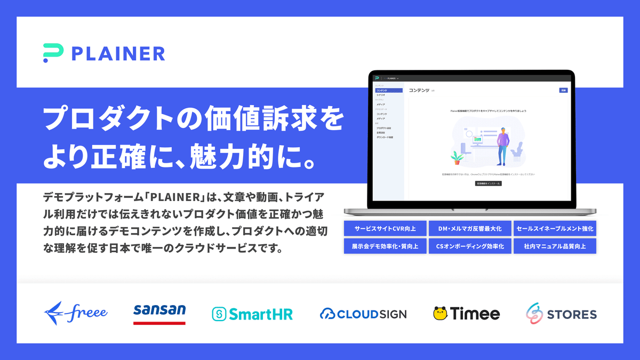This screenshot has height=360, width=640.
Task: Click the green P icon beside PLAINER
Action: click(x=53, y=53)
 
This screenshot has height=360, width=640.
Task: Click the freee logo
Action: click(x=76, y=312)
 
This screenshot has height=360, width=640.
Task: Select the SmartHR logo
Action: click(x=252, y=314)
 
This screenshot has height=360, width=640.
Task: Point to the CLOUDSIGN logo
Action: click(x=363, y=314)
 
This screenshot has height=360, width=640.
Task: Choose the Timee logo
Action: click(x=467, y=314)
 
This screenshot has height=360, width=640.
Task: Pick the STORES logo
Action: click(x=561, y=314)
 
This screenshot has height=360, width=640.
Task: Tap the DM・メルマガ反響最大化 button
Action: click(x=470, y=229)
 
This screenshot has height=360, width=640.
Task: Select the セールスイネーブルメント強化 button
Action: click(x=555, y=229)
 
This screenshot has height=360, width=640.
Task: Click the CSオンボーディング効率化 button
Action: click(x=470, y=246)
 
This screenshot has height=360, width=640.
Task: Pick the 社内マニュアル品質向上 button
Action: click(x=555, y=246)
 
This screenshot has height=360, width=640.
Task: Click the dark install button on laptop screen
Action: click(x=488, y=183)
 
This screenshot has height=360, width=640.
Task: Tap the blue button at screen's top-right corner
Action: click(x=563, y=91)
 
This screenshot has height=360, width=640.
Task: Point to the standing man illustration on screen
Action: click(x=502, y=145)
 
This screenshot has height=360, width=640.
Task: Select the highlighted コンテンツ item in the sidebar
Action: click(x=388, y=91)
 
